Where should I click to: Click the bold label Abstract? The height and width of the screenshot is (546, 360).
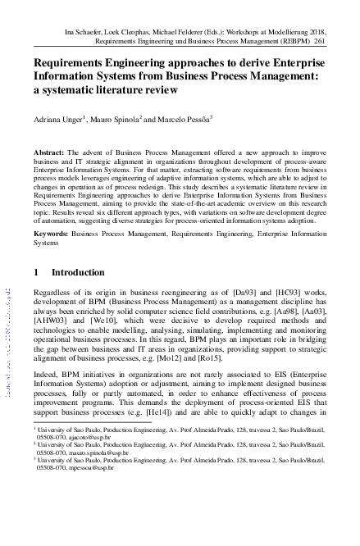click(48, 153)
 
